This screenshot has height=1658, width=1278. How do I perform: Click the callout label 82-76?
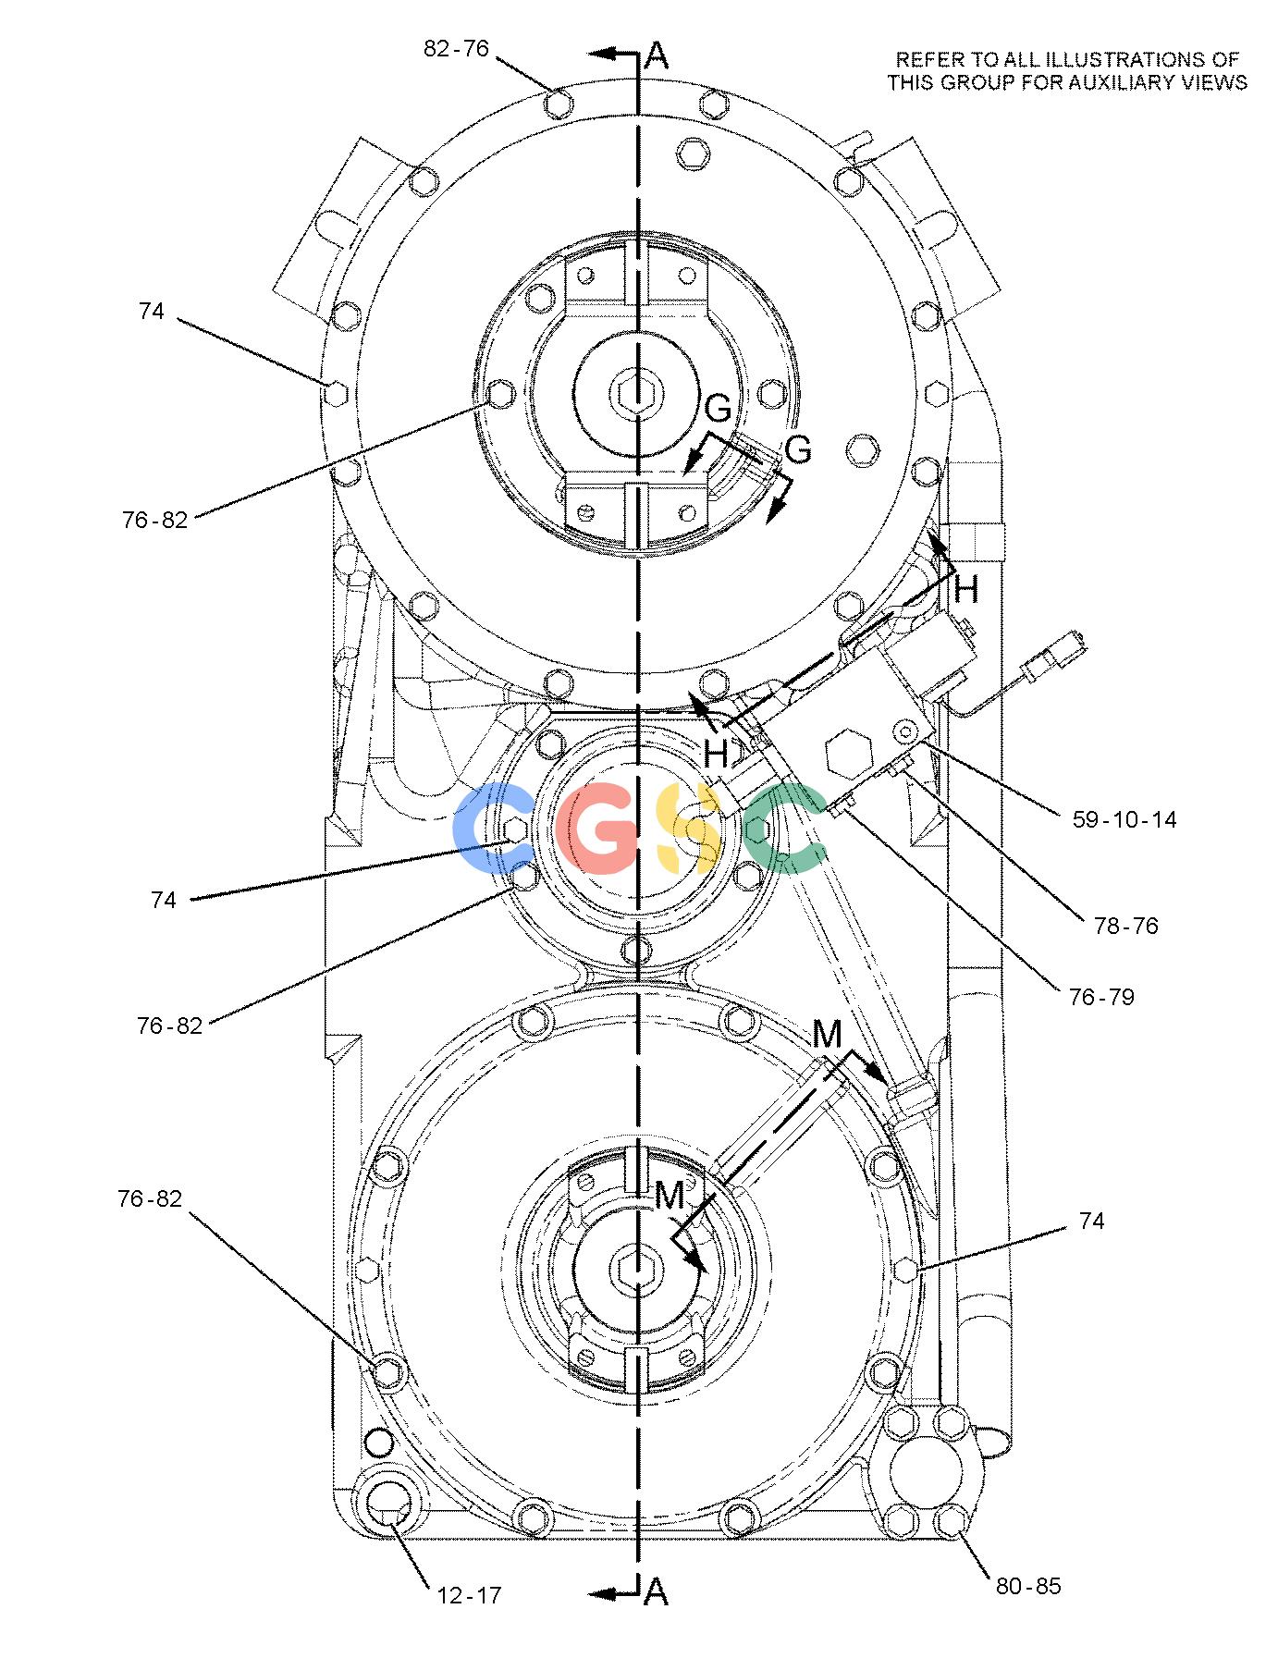click(456, 49)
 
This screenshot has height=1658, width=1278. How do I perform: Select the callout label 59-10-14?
click(1124, 818)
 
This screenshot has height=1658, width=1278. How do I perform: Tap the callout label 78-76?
click(1125, 926)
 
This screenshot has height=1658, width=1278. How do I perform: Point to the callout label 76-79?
click(1100, 997)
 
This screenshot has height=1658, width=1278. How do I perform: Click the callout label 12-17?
click(468, 1594)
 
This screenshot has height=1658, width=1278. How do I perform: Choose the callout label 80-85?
click(1028, 1586)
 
